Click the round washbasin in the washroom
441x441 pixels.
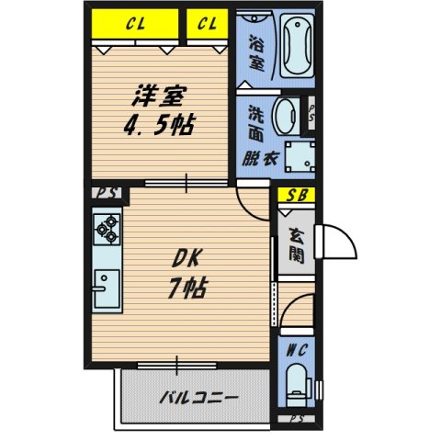[x=288, y=116]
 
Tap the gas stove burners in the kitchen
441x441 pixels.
[x=106, y=228]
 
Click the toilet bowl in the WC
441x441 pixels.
[x=297, y=385]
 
